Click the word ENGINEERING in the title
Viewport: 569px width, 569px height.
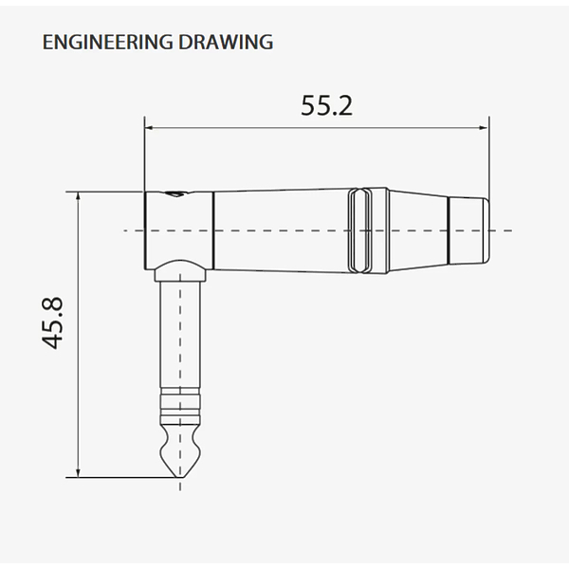pyautogui.click(x=108, y=42)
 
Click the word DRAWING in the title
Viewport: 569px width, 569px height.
pyautogui.click(x=226, y=42)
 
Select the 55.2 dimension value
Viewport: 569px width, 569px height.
pyautogui.click(x=326, y=105)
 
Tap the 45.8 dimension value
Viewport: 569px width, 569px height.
pyautogui.click(x=52, y=323)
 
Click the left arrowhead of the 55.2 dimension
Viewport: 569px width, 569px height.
pyautogui.click(x=149, y=128)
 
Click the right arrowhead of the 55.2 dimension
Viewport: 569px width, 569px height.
pyautogui.click(x=485, y=128)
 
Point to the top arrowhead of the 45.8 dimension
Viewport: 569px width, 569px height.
pyautogui.click(x=78, y=196)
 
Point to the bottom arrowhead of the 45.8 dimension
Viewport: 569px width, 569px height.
pyautogui.click(x=78, y=473)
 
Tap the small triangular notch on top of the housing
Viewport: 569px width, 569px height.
pyautogui.click(x=176, y=194)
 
